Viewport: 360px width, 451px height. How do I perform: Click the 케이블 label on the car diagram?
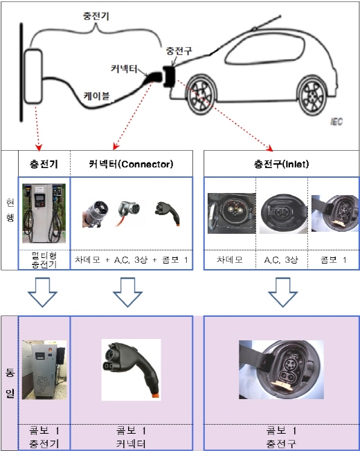tap(96, 95)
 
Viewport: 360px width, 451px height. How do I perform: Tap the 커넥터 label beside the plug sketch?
tap(124, 68)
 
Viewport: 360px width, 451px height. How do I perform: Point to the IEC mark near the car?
tap(336, 122)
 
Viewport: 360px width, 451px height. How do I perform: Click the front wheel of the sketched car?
tap(201, 94)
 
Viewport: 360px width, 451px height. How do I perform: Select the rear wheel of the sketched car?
tap(312, 95)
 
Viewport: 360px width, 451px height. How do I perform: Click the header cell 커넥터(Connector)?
tap(132, 164)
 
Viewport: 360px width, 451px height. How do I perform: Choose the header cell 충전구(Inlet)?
tap(281, 164)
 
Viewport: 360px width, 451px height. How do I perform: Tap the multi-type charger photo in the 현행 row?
tap(44, 213)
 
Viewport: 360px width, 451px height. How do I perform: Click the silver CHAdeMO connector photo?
tap(95, 214)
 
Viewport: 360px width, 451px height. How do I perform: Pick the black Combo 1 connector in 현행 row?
tap(168, 213)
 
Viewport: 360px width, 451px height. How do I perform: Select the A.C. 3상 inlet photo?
tap(283, 213)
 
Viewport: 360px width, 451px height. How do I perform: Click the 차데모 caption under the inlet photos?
tap(229, 260)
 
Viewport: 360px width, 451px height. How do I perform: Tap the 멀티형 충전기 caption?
tap(44, 260)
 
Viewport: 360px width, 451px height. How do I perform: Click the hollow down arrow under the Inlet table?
tap(282, 292)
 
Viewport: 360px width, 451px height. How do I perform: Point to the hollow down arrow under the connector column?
tap(127, 292)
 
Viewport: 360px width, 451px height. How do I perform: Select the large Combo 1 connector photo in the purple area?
tap(131, 370)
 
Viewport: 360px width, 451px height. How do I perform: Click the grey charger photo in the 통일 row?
tap(44, 370)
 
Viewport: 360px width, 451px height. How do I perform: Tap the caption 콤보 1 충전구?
tap(281, 437)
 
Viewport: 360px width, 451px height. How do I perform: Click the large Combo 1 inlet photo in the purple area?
tap(281, 369)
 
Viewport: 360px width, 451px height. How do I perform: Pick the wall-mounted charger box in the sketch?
tap(33, 76)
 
